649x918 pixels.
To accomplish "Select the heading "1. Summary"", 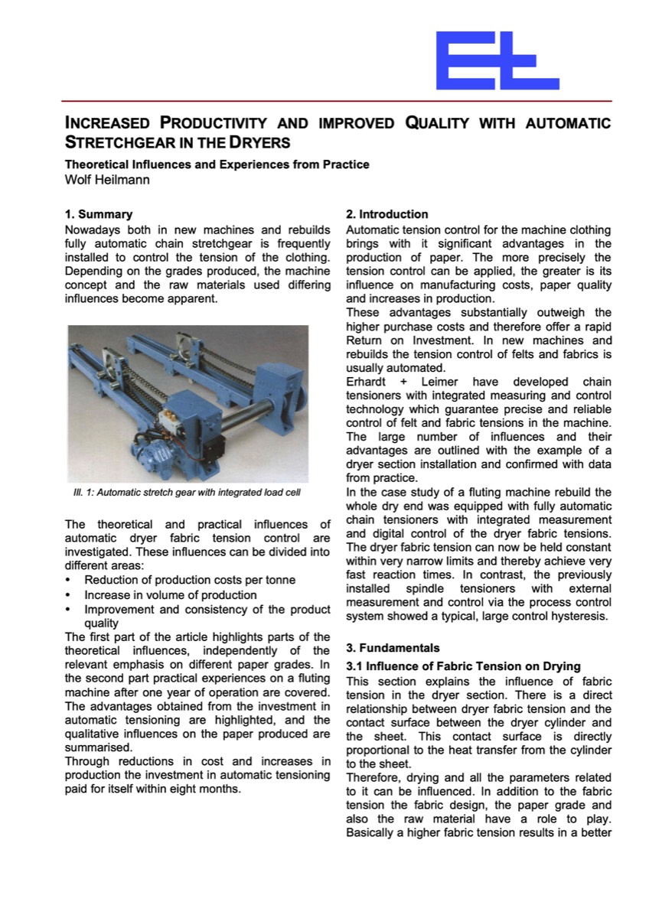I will point(98,214).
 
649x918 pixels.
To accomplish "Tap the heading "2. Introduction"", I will point(387,214).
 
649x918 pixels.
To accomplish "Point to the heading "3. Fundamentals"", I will point(389,648).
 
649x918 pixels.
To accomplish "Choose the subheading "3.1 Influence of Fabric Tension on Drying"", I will point(463,666).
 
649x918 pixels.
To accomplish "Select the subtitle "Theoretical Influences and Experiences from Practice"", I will point(217,164).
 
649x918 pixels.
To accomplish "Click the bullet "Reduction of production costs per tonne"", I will point(189,581).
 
